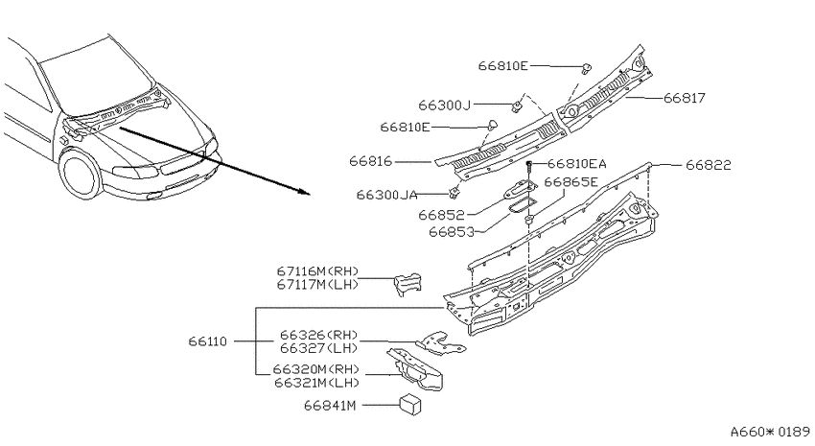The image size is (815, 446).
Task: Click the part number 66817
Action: coord(685,98)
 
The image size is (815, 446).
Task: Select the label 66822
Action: coord(709,165)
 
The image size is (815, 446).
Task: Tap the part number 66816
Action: coord(371,161)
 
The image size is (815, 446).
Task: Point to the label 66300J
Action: coord(444,105)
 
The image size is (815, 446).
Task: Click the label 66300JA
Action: coord(386,195)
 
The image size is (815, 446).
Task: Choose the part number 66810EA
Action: coord(577,164)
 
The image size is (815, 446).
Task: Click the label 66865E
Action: coord(571,182)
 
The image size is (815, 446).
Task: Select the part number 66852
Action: coord(441,215)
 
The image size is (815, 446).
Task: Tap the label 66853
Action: coord(452,232)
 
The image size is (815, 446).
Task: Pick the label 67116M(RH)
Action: coord(318,271)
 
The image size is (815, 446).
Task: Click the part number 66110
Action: coord(208,341)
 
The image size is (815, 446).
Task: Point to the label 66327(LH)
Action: coord(319,348)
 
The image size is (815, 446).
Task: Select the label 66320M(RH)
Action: coord(316,369)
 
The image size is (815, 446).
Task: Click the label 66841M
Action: coord(330,406)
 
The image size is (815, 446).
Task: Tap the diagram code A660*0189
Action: coord(770,432)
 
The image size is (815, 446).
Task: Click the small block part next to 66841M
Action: coord(410,405)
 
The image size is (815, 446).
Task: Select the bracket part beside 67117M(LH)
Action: coord(407,284)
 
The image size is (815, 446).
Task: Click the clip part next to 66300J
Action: coord(516,107)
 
